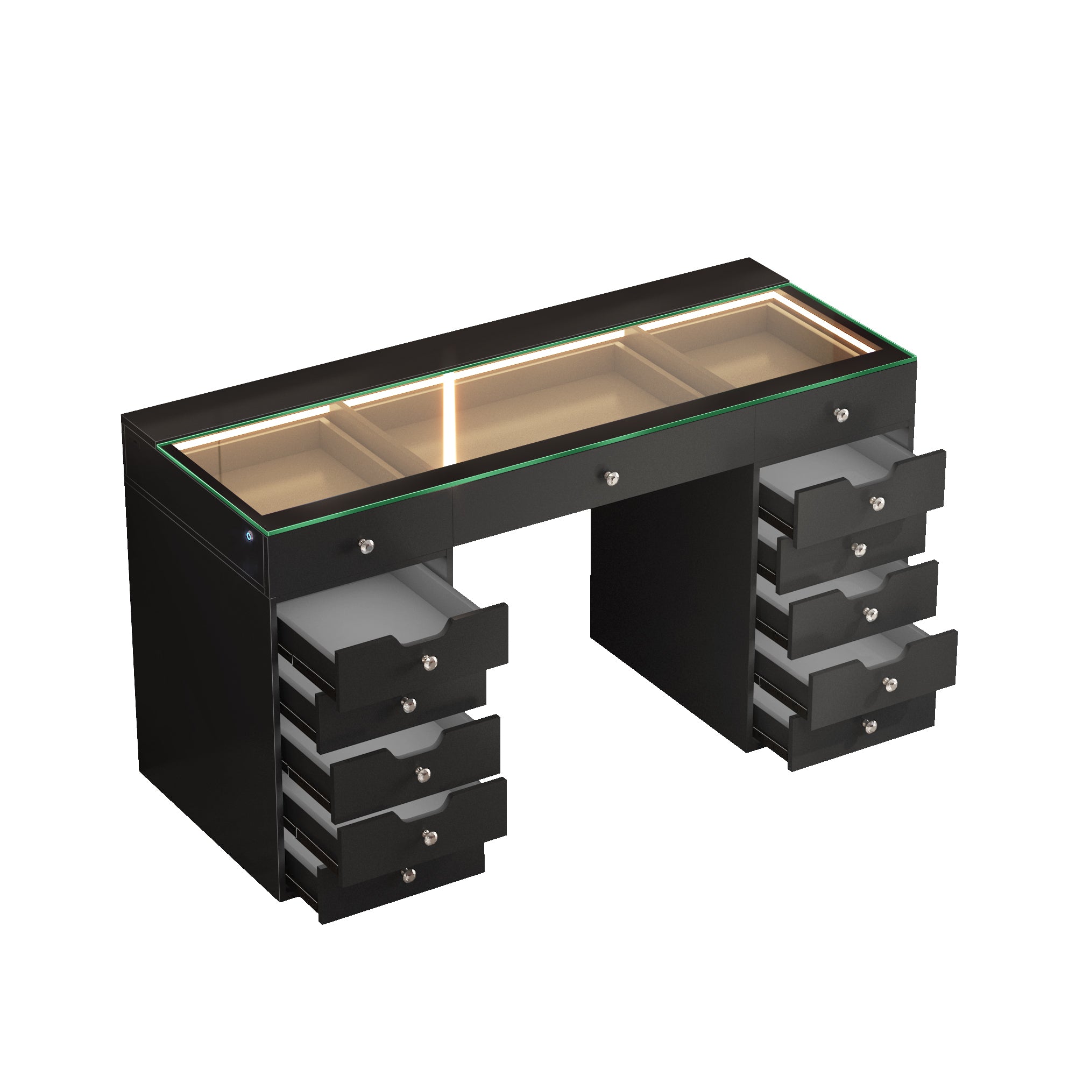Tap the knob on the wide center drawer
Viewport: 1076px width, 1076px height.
coord(613,477)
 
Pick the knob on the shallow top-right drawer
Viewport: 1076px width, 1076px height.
coord(841,413)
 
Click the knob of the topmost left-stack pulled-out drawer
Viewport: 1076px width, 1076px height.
coord(428,662)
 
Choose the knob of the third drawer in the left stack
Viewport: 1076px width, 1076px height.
coord(423,773)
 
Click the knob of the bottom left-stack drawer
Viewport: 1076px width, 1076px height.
coord(408,875)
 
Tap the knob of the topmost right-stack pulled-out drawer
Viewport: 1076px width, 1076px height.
coord(879,504)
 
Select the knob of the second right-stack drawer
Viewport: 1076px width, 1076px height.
coord(861,549)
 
